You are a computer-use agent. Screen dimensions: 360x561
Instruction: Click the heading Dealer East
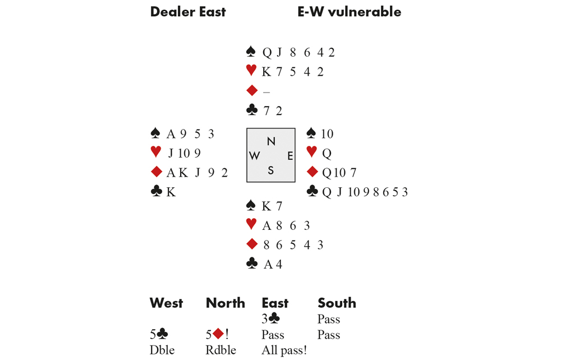pos(187,12)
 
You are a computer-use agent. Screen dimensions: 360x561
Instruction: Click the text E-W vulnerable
pos(349,12)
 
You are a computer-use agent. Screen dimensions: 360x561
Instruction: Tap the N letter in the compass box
pos(271,141)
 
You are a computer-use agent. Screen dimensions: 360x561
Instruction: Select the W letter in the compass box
pos(255,156)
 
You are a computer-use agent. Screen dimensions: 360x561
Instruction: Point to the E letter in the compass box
pos(290,156)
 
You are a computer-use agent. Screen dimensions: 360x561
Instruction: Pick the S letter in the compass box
pos(271,170)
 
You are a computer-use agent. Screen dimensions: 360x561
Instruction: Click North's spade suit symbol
pos(251,52)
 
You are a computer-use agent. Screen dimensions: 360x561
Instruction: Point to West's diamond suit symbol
pos(156,173)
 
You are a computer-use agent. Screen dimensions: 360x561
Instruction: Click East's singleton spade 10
pos(327,134)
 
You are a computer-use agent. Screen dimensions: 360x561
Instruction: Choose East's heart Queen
pos(326,153)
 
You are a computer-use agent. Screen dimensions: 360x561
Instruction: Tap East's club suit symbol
pos(312,192)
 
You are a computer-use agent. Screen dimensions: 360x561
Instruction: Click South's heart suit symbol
pos(251,225)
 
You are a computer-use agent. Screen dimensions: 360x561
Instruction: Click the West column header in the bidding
pos(166,303)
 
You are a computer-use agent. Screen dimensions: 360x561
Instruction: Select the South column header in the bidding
pos(337,303)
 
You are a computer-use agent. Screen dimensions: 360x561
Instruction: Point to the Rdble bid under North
pos(221,350)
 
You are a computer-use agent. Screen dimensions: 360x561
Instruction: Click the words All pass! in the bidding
pos(284,350)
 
